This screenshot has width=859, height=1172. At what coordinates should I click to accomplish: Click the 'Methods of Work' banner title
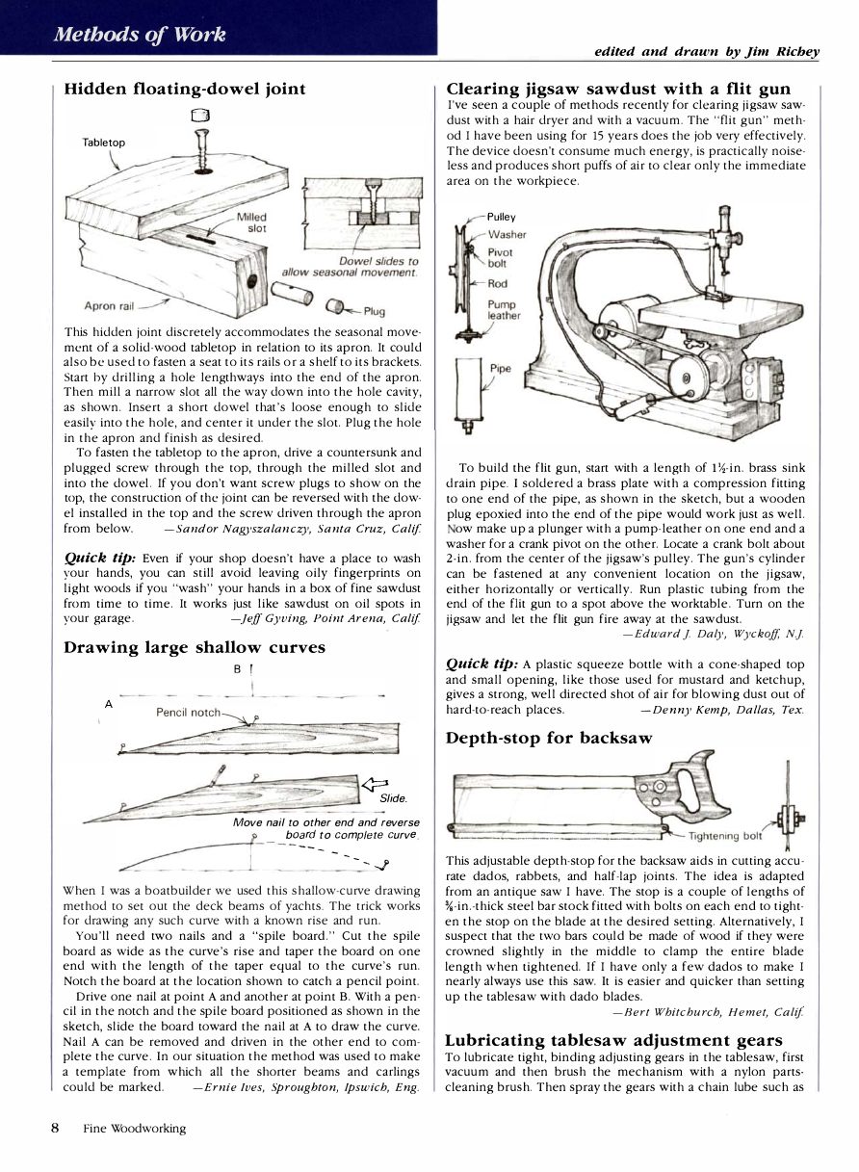(141, 35)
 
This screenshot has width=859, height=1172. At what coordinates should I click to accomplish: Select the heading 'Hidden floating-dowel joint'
(185, 89)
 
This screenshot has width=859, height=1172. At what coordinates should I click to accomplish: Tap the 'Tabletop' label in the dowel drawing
(104, 143)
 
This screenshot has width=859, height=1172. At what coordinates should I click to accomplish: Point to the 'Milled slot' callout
(251, 222)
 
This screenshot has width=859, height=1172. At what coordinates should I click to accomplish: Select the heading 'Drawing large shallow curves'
(195, 647)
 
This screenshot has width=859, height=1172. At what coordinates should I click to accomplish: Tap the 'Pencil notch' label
(188, 713)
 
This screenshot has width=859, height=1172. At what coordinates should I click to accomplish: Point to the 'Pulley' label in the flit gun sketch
(502, 217)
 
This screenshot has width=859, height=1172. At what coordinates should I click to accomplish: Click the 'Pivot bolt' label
(501, 256)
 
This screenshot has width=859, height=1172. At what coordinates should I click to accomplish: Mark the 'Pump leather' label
(504, 309)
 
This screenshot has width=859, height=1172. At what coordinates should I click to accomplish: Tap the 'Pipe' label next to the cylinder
(501, 368)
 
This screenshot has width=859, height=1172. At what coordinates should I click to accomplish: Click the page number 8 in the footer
(56, 1128)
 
